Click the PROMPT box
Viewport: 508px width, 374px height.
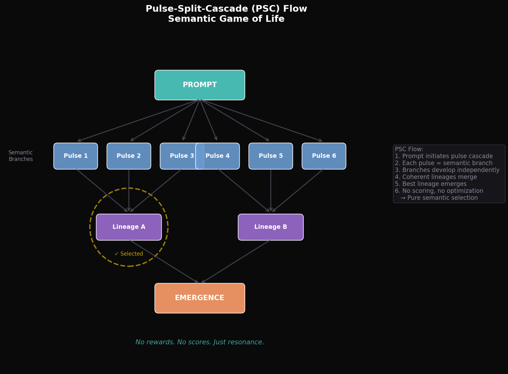tap(199, 85)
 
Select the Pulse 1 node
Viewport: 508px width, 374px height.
tap(76, 156)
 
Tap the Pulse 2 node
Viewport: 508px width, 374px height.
tap(129, 156)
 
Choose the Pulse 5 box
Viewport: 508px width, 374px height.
tap(270, 156)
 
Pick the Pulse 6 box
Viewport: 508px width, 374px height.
tap(324, 156)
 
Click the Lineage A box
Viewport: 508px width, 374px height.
tap(129, 227)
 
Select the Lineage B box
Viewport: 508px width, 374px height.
tap(270, 227)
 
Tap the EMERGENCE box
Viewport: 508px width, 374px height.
tap(199, 298)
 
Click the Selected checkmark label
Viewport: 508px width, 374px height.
tap(129, 254)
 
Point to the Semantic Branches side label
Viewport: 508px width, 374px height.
tap(20, 156)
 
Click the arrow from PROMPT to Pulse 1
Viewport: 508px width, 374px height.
tap(139, 120)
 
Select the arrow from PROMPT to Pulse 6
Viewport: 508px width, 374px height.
tap(262, 121)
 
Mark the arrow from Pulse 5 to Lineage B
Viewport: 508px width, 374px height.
tap(271, 189)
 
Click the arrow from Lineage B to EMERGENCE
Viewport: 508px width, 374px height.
tap(236, 262)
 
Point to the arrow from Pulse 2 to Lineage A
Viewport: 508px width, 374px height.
tap(129, 189)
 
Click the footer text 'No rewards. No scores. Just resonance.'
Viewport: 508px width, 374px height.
tap(199, 342)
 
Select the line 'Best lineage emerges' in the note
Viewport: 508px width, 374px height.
tap(430, 184)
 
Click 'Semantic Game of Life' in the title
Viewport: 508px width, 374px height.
tap(226, 19)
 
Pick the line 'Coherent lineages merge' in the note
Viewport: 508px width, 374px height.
tap(436, 177)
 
